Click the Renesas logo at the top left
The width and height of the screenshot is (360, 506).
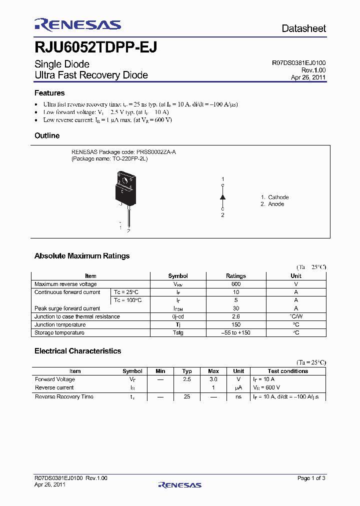[77, 25]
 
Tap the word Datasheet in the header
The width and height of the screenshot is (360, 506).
[303, 28]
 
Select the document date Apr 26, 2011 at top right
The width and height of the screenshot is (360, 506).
[308, 77]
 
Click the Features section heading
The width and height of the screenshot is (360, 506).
[49, 93]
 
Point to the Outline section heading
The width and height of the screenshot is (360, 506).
[47, 135]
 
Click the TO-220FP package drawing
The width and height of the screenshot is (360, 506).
[125, 192]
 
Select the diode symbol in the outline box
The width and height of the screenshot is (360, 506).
[223, 197]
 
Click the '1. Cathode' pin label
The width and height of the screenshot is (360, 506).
[274, 197]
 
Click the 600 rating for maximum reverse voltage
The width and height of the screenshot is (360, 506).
[236, 284]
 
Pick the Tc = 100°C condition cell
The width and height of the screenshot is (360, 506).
[127, 300]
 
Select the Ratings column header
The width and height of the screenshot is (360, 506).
[236, 276]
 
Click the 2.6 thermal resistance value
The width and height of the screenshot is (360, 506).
[236, 316]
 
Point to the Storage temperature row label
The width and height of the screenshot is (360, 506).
[59, 332]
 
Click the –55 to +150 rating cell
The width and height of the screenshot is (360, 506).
[236, 332]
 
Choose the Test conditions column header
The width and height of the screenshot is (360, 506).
[287, 371]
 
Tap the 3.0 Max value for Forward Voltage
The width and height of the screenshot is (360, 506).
[213, 379]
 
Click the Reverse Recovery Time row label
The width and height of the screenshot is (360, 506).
[64, 396]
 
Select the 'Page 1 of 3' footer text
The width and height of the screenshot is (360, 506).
[311, 478]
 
